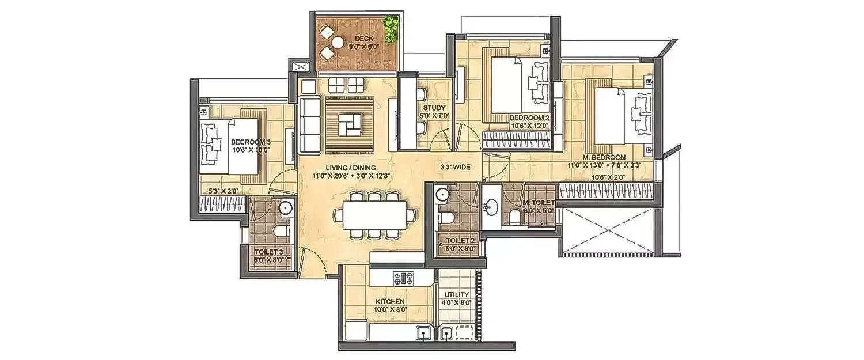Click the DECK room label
[349, 38]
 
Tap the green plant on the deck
[392, 29]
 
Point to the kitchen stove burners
[403, 279]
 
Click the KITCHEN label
[390, 301]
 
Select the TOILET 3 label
[269, 251]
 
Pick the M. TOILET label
[538, 203]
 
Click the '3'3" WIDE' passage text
[454, 167]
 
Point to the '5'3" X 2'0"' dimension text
[223, 190]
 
